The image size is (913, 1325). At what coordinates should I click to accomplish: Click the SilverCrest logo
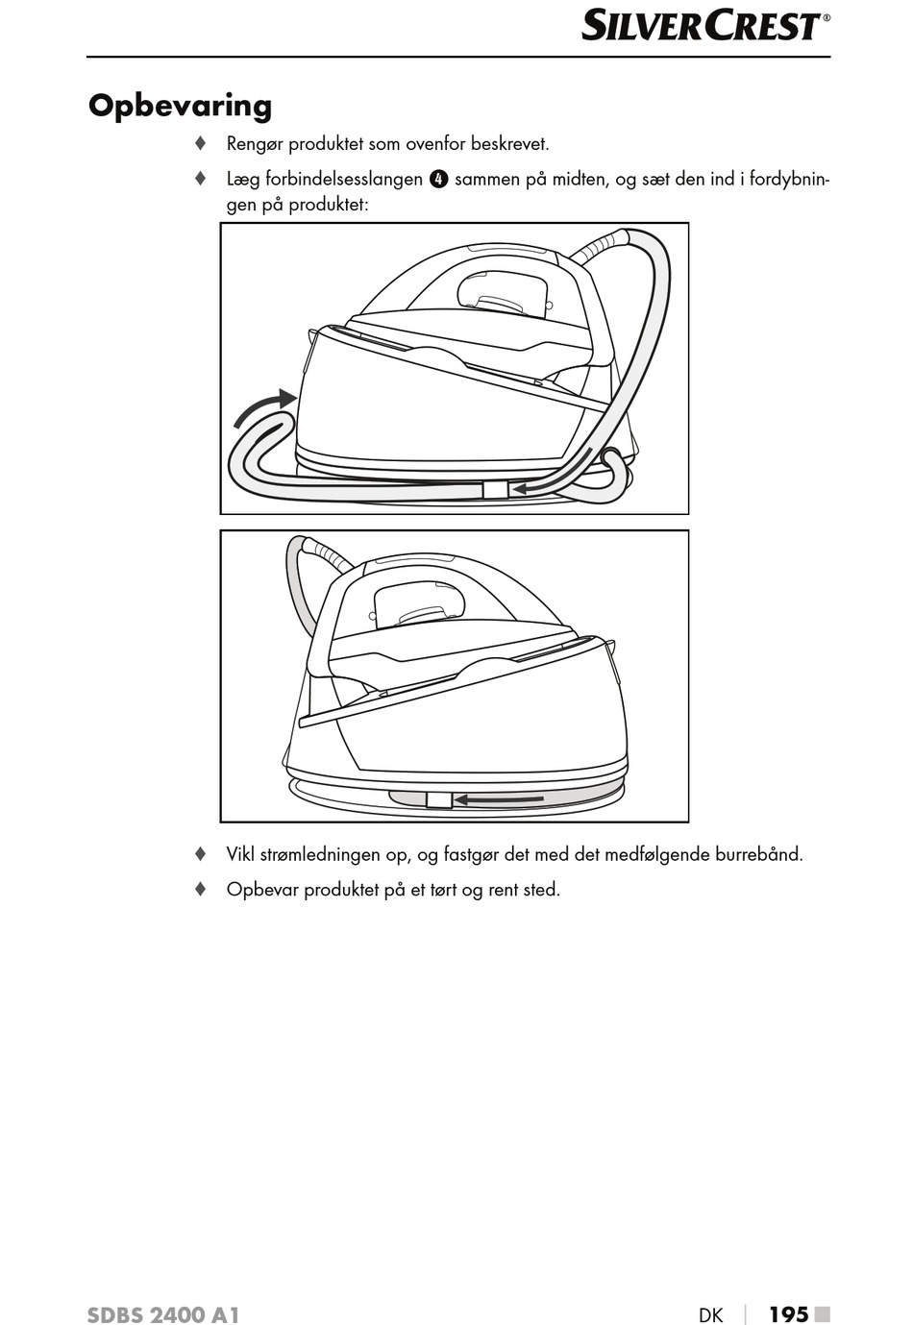tap(704, 26)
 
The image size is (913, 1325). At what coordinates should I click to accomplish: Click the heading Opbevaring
tap(180, 106)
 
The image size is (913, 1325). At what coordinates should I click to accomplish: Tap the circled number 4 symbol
tap(438, 179)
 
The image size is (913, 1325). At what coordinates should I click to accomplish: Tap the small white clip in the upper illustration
tap(494, 490)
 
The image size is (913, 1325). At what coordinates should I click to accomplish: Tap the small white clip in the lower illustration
tap(438, 799)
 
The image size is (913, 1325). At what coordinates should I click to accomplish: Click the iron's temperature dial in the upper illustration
tap(503, 291)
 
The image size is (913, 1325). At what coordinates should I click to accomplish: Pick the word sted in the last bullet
tap(541, 890)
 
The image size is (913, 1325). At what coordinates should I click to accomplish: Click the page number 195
tap(788, 1314)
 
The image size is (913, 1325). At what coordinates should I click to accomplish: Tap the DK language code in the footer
tap(710, 1315)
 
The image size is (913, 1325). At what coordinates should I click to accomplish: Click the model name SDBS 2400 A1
tap(162, 1315)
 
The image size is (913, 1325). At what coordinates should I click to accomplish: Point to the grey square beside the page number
tap(822, 1313)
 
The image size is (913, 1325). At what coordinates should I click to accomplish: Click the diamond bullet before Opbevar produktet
tap(200, 889)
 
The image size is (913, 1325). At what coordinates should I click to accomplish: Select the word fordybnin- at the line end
tap(789, 180)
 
